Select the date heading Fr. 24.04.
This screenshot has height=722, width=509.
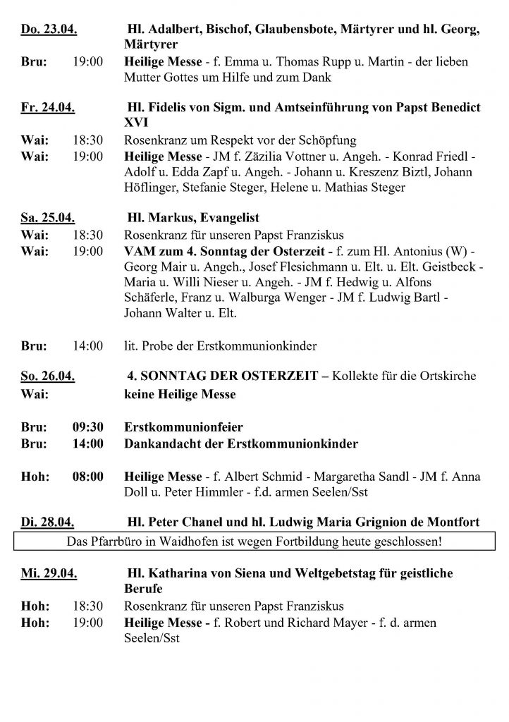pos(47,107)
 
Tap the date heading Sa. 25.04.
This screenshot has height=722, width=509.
pos(47,218)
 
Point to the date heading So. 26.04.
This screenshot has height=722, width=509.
pos(47,377)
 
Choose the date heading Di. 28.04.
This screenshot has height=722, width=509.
pos(47,522)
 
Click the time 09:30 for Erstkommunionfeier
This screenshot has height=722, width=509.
pos(87,427)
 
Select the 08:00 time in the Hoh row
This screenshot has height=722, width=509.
pos(87,478)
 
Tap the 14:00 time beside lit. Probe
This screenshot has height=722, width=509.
pos(87,345)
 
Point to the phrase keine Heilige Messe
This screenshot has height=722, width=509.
pos(180,394)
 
